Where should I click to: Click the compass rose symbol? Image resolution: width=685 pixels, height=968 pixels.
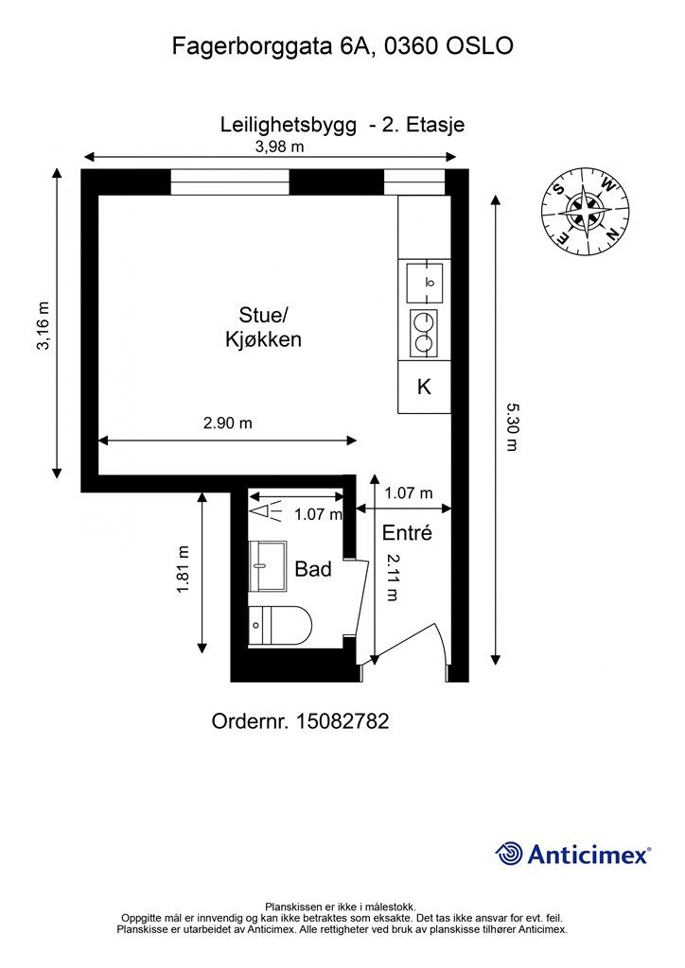[x=585, y=211]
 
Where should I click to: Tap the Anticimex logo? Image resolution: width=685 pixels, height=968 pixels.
[x=572, y=855]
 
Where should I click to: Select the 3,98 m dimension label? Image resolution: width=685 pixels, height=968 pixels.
[x=280, y=147]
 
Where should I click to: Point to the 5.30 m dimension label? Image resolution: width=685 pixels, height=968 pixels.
[x=511, y=426]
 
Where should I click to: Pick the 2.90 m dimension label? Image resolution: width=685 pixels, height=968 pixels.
[x=228, y=423]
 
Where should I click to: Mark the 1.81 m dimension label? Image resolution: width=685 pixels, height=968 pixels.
[x=184, y=569]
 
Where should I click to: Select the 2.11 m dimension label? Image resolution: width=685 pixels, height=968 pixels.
[x=393, y=578]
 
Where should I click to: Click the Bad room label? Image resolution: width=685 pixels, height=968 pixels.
[x=313, y=568]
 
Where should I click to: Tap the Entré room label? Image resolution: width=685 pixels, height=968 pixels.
[x=407, y=532]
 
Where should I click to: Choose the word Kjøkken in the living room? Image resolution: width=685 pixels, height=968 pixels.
[x=263, y=339]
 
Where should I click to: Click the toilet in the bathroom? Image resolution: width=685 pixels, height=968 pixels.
[x=280, y=626]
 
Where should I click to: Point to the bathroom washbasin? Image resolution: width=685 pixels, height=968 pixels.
[x=268, y=566]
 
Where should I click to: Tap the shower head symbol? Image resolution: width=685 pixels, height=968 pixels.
[x=266, y=511]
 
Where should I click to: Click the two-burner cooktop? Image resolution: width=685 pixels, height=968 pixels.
[x=424, y=333]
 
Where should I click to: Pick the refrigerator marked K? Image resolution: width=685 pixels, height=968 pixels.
[x=424, y=387]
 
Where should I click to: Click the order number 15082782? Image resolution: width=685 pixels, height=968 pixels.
[x=300, y=720]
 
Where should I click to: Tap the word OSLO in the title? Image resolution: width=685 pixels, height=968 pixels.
[x=480, y=45]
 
